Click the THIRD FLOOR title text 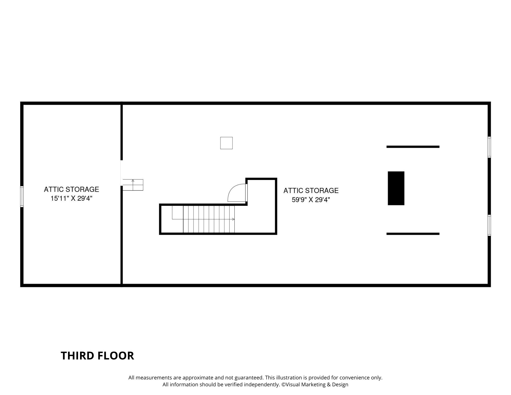(97, 356)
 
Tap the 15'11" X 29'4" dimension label (71, 198)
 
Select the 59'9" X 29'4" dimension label (311, 200)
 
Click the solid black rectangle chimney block (396, 188)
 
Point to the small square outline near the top (226, 143)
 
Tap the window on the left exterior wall (22, 196)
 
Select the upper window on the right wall (489, 147)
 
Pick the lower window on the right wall (489, 225)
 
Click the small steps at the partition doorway (133, 185)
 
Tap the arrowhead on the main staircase (233, 219)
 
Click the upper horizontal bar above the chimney (413, 147)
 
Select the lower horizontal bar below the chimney (413, 234)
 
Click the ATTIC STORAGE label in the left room (71, 189)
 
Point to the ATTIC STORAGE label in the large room (311, 190)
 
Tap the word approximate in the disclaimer (198, 378)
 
